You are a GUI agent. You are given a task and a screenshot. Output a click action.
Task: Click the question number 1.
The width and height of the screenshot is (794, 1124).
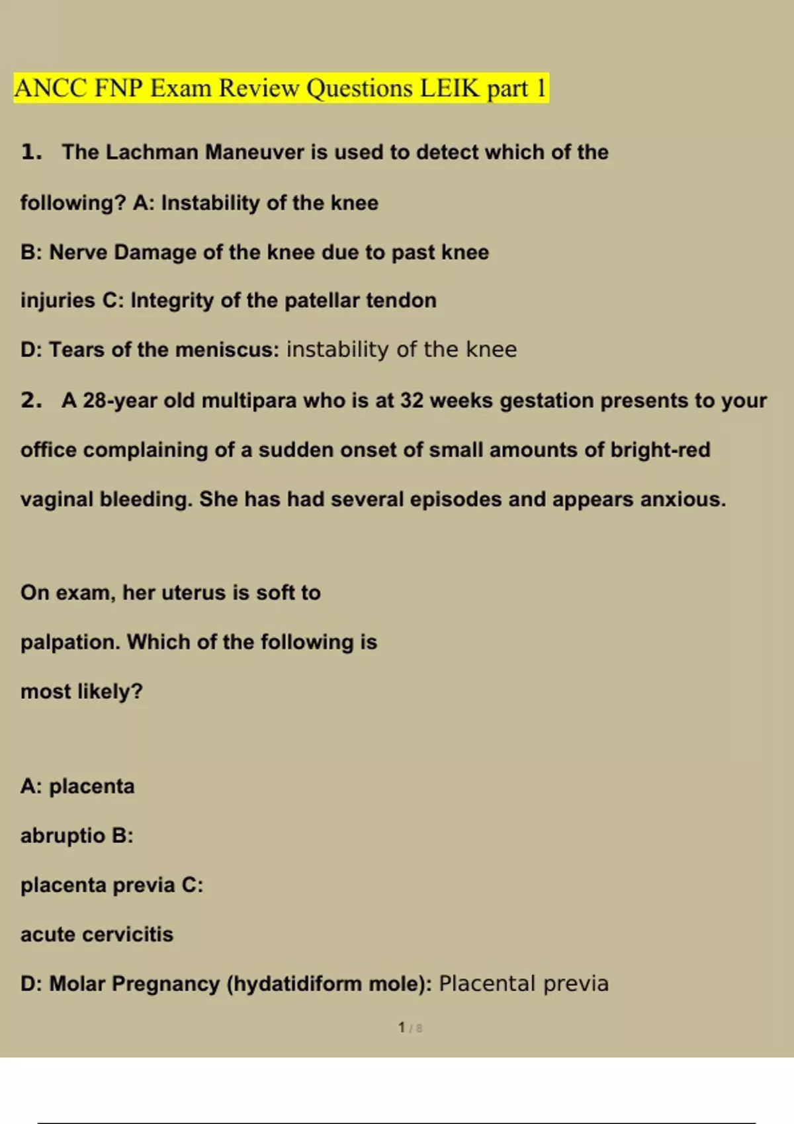click(30, 152)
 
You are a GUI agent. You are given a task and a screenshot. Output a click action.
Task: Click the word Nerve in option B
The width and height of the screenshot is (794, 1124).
click(78, 252)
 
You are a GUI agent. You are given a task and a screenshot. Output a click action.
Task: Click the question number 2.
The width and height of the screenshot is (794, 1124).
click(30, 400)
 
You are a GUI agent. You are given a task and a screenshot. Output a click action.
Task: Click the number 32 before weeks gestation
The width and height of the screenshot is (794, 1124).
click(412, 400)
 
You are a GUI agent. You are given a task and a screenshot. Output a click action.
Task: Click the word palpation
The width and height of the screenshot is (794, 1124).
click(70, 642)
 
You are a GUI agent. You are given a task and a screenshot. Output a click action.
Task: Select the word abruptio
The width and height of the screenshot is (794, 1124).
click(63, 836)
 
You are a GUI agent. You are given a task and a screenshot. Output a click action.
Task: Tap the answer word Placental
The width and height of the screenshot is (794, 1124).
click(487, 984)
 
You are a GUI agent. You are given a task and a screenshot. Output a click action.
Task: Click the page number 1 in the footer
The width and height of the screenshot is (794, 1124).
click(402, 1027)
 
